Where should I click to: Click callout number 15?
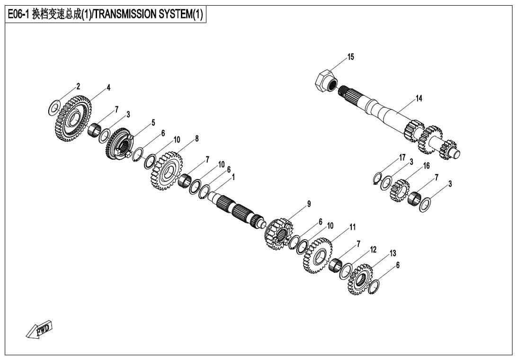(x=350, y=57)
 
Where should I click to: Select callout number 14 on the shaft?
(x=419, y=99)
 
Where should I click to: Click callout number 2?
(x=79, y=87)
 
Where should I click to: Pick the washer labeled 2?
(x=54, y=108)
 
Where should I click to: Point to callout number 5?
(x=153, y=123)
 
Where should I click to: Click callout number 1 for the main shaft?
(x=233, y=176)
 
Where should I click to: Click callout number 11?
(x=352, y=228)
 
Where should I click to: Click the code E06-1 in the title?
(x=18, y=15)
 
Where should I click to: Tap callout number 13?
(x=392, y=254)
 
